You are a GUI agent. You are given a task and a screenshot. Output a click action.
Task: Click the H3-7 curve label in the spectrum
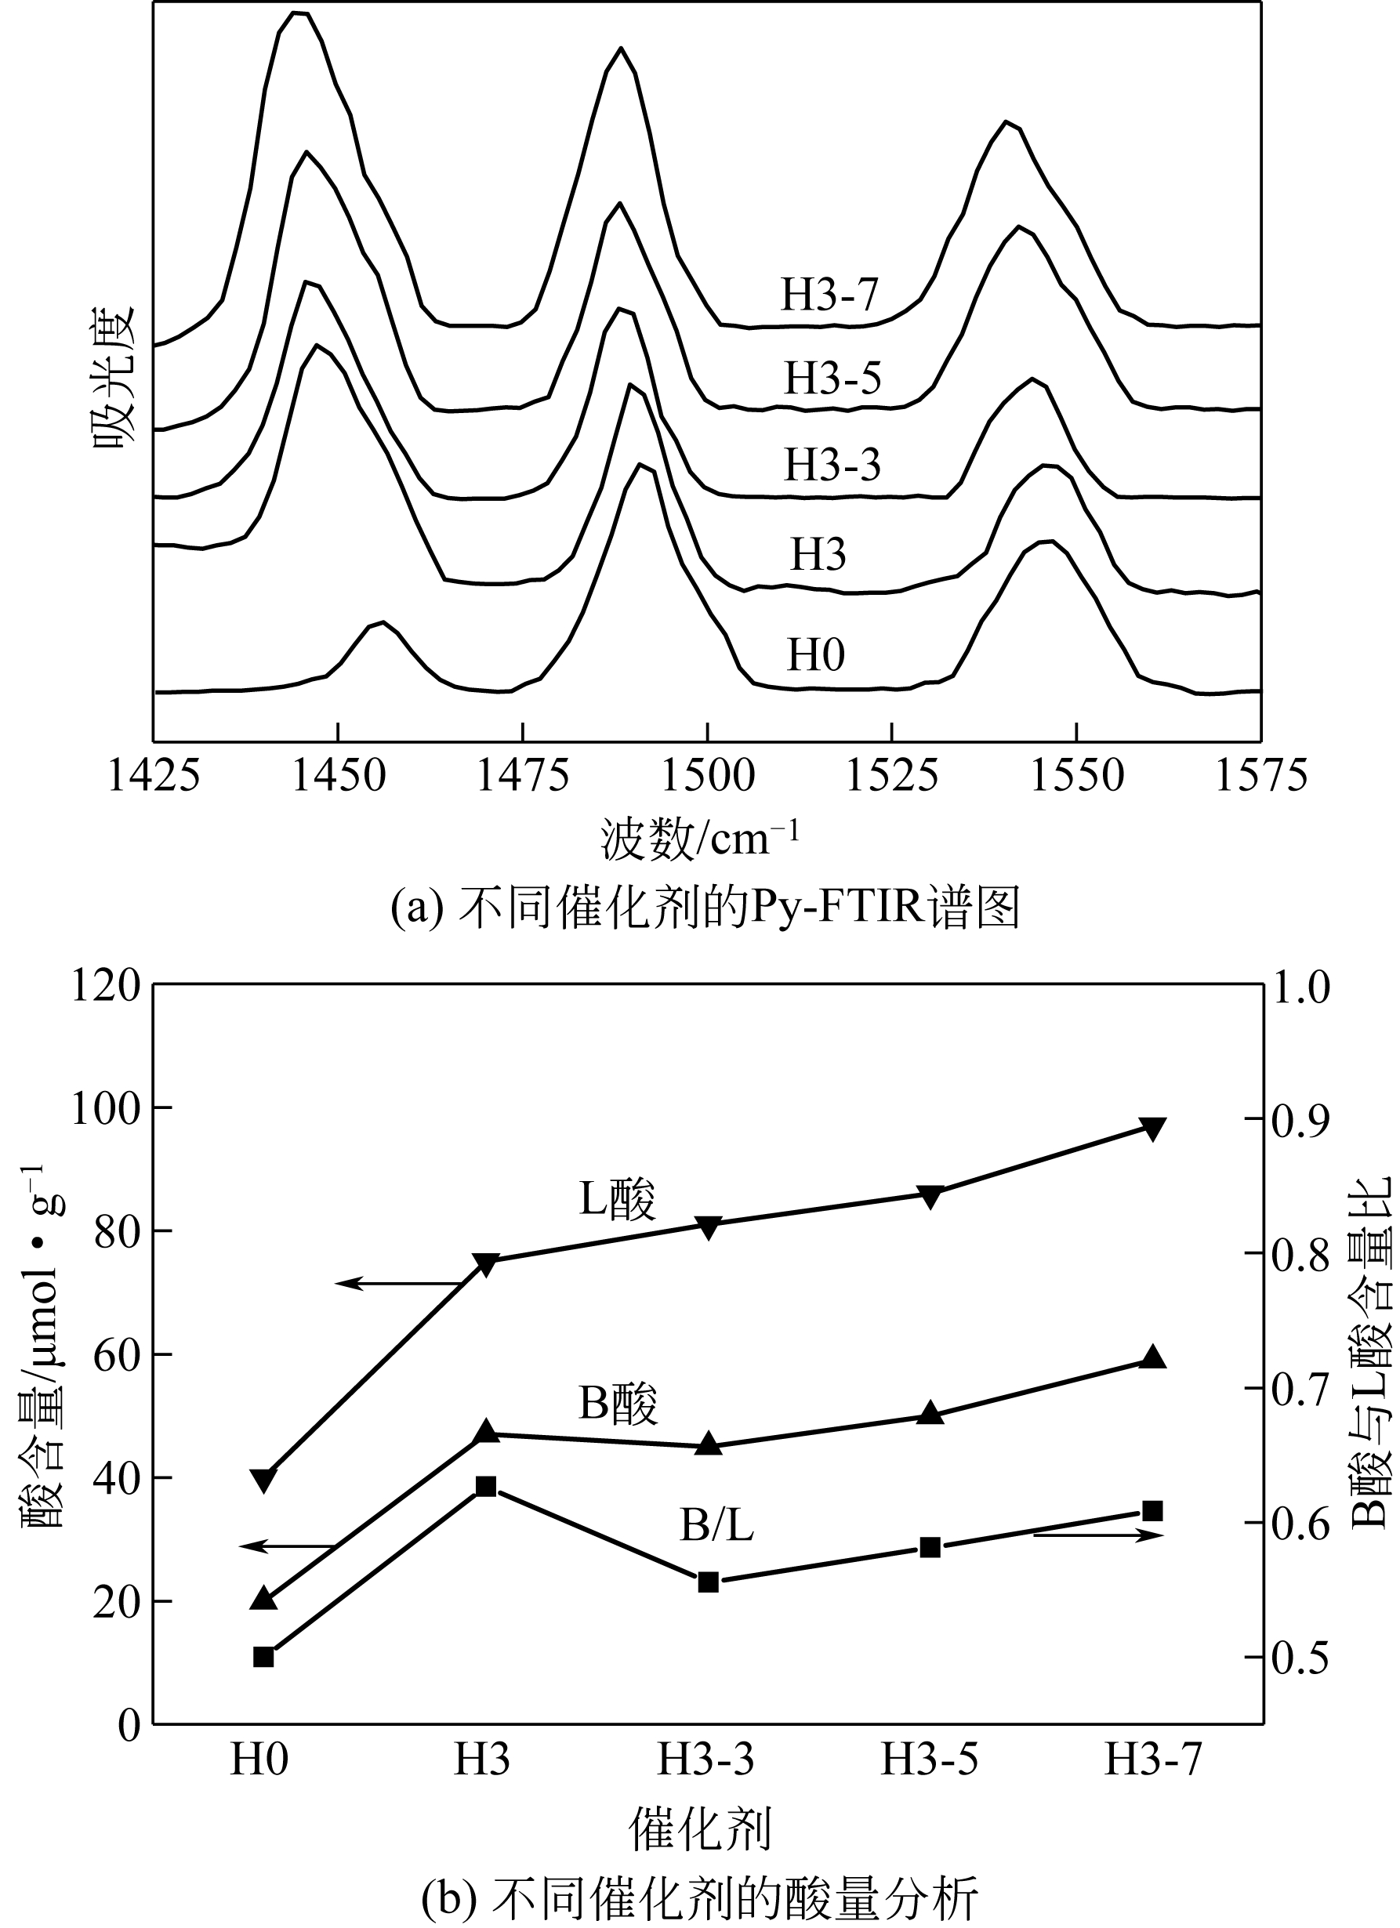[x=829, y=295]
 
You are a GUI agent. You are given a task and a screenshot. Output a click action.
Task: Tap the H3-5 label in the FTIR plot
[x=832, y=379]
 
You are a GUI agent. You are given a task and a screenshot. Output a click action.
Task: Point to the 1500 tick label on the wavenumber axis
[x=707, y=776]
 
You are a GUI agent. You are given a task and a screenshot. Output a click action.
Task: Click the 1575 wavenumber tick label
[x=1260, y=776]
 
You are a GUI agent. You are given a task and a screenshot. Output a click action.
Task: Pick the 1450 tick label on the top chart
[x=339, y=776]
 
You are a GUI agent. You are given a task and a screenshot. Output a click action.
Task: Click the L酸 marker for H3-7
[x=1152, y=1129]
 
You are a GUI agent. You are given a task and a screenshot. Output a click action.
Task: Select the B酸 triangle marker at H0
[x=263, y=1597]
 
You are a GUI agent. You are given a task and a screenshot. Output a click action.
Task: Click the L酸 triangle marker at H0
[x=263, y=1480]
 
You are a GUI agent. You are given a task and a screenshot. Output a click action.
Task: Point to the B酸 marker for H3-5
[x=930, y=1413]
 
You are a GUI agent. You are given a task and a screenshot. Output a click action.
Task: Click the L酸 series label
[x=617, y=1201]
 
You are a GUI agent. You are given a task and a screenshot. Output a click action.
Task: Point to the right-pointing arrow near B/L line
[x=1097, y=1535]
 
